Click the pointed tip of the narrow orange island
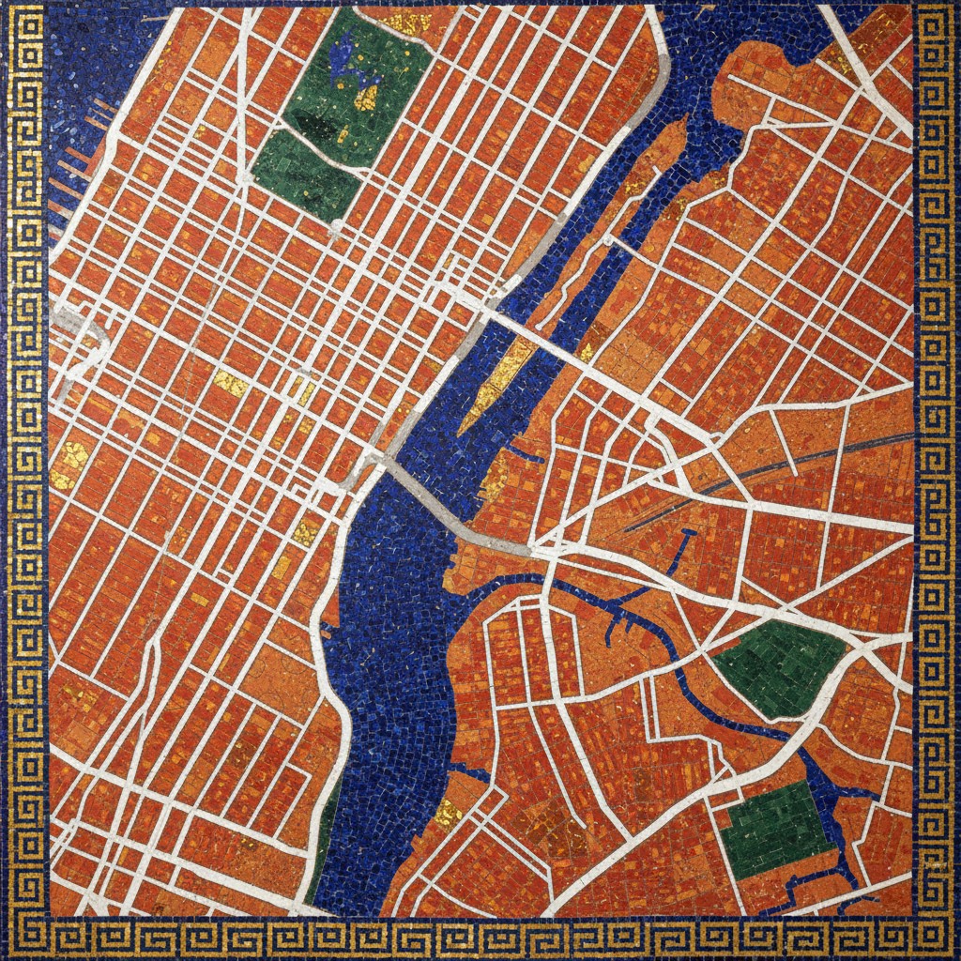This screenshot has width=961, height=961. [678, 129]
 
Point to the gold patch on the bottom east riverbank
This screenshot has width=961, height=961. [448, 812]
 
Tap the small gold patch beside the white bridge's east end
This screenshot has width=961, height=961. [587, 351]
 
